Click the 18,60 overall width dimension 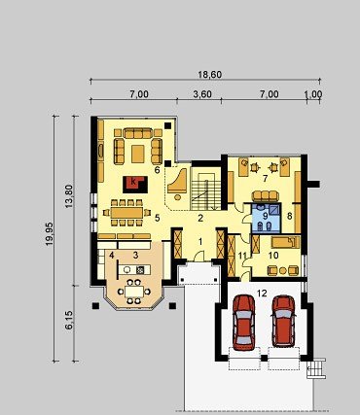tap(210, 75)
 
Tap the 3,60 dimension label tap(202, 94)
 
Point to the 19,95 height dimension tap(49, 234)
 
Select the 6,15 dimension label tap(69, 320)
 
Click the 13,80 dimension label tap(69, 196)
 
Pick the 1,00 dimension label tap(313, 94)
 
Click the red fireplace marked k tap(135, 185)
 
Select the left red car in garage tap(243, 323)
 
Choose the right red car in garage tap(283, 321)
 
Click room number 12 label tap(262, 294)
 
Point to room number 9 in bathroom tap(265, 217)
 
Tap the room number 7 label tap(265, 178)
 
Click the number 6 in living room tap(158, 170)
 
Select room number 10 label tap(273, 256)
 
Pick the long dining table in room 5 tap(126, 213)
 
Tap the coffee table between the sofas tap(138, 154)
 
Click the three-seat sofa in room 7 tap(266, 196)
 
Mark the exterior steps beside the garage tap(316, 368)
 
